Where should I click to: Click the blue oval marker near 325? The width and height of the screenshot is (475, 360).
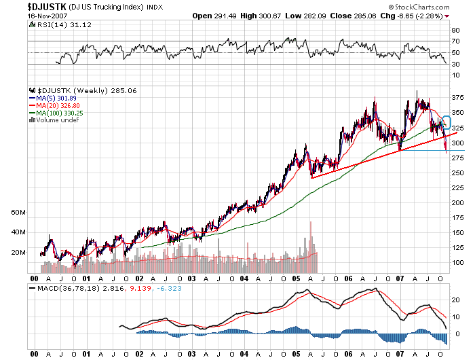(x=446, y=123)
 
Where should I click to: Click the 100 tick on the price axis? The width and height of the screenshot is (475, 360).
(x=459, y=262)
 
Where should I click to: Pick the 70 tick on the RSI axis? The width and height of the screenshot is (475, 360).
(x=456, y=41)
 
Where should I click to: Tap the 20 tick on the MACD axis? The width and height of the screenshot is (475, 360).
(x=456, y=299)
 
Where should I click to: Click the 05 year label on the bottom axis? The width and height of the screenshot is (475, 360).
(x=297, y=278)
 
